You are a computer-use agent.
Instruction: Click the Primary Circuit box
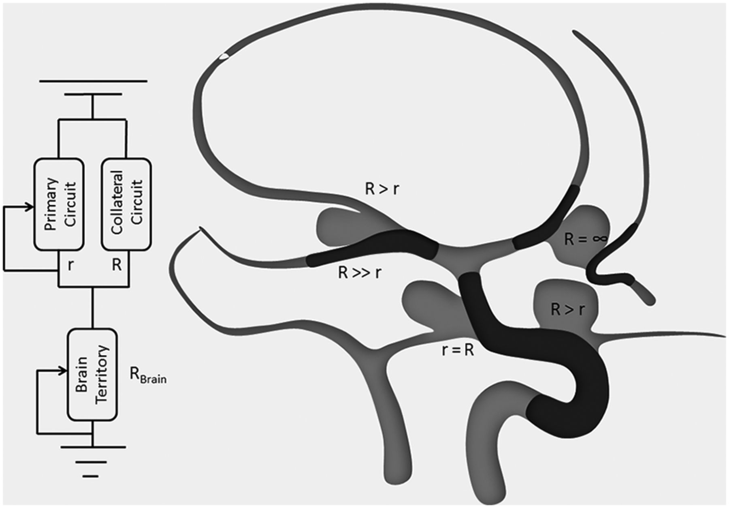(x=59, y=204)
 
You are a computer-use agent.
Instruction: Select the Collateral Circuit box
(x=126, y=204)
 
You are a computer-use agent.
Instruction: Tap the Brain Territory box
(x=93, y=374)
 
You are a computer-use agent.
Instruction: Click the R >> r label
(x=360, y=273)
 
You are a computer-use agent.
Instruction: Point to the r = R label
(x=458, y=350)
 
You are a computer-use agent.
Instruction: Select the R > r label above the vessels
(x=382, y=189)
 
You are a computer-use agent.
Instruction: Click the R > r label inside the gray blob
(x=568, y=309)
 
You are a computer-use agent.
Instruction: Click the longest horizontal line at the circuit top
(x=93, y=81)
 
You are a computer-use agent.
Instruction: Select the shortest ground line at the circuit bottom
(x=92, y=476)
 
